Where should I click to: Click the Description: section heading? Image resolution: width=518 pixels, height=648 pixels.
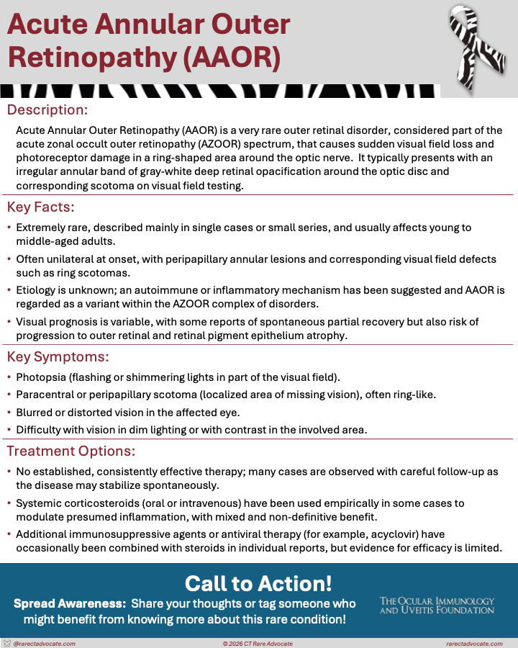pos(47,110)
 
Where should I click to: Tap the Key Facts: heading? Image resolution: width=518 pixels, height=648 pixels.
pos(41,207)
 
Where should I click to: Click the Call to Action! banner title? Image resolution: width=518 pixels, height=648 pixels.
pos(258,583)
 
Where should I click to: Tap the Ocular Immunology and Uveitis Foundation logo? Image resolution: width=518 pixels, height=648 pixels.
pos(437,605)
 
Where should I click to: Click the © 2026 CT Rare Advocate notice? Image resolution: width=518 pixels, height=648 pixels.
pos(258,643)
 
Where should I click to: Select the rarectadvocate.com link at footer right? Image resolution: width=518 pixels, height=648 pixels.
pos(474,643)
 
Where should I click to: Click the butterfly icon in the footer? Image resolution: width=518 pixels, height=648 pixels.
pos(7,643)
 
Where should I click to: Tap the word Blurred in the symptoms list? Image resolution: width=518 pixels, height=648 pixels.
pos(36,412)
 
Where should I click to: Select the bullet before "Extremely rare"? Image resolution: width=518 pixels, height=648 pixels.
pos(9,228)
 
